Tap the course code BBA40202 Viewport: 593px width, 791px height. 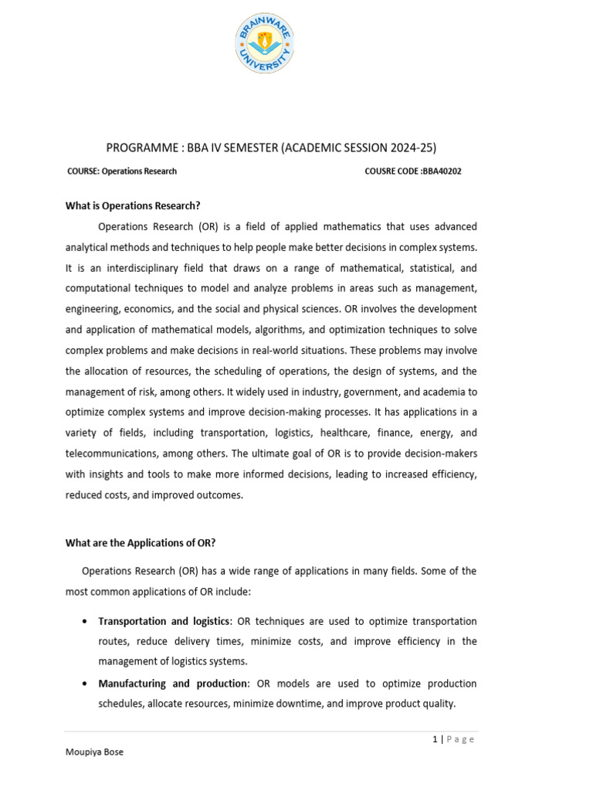tap(440, 171)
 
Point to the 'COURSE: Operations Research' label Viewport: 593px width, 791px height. tap(122, 171)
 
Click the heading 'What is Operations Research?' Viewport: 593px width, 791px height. tap(133, 205)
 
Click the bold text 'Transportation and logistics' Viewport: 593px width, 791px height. tap(164, 621)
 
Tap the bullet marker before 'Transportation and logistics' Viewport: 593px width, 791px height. tap(83, 622)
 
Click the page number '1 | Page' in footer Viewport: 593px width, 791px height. tap(453, 739)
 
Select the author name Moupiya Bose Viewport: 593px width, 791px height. tap(94, 752)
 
